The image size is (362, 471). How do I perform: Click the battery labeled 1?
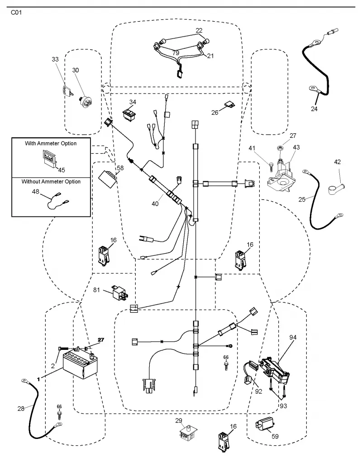[x=81, y=364]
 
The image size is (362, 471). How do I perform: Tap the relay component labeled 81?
[x=120, y=292]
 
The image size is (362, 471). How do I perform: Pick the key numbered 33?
[x=67, y=90]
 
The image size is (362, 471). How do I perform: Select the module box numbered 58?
[x=108, y=179]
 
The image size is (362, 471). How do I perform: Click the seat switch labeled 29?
[x=187, y=433]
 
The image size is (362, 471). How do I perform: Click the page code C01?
[x=16, y=13]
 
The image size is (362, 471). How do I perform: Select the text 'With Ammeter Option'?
[x=51, y=143]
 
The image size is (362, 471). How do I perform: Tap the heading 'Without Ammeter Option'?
[x=51, y=181]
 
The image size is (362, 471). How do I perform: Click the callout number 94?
[x=293, y=337]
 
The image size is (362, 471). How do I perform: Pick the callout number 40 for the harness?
[x=155, y=204]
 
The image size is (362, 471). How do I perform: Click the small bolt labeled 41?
[x=271, y=165]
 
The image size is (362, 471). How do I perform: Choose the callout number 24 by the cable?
[x=314, y=109]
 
